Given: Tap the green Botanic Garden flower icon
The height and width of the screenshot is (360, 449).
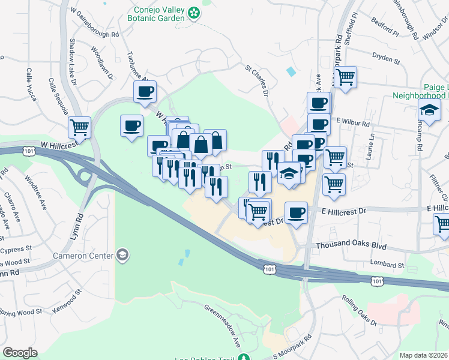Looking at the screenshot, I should (194, 12).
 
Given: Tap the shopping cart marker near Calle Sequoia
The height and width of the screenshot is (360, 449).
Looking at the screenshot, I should (80, 127).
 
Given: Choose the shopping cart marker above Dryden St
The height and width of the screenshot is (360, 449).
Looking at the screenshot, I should (345, 77).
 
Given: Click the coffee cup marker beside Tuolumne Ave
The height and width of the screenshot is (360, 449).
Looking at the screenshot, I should (145, 92).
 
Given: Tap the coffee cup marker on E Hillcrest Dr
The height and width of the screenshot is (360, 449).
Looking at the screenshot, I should (295, 212).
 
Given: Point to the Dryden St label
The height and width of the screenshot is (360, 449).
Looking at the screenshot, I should (386, 60).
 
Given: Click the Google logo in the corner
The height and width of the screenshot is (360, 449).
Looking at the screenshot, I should (20, 353).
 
